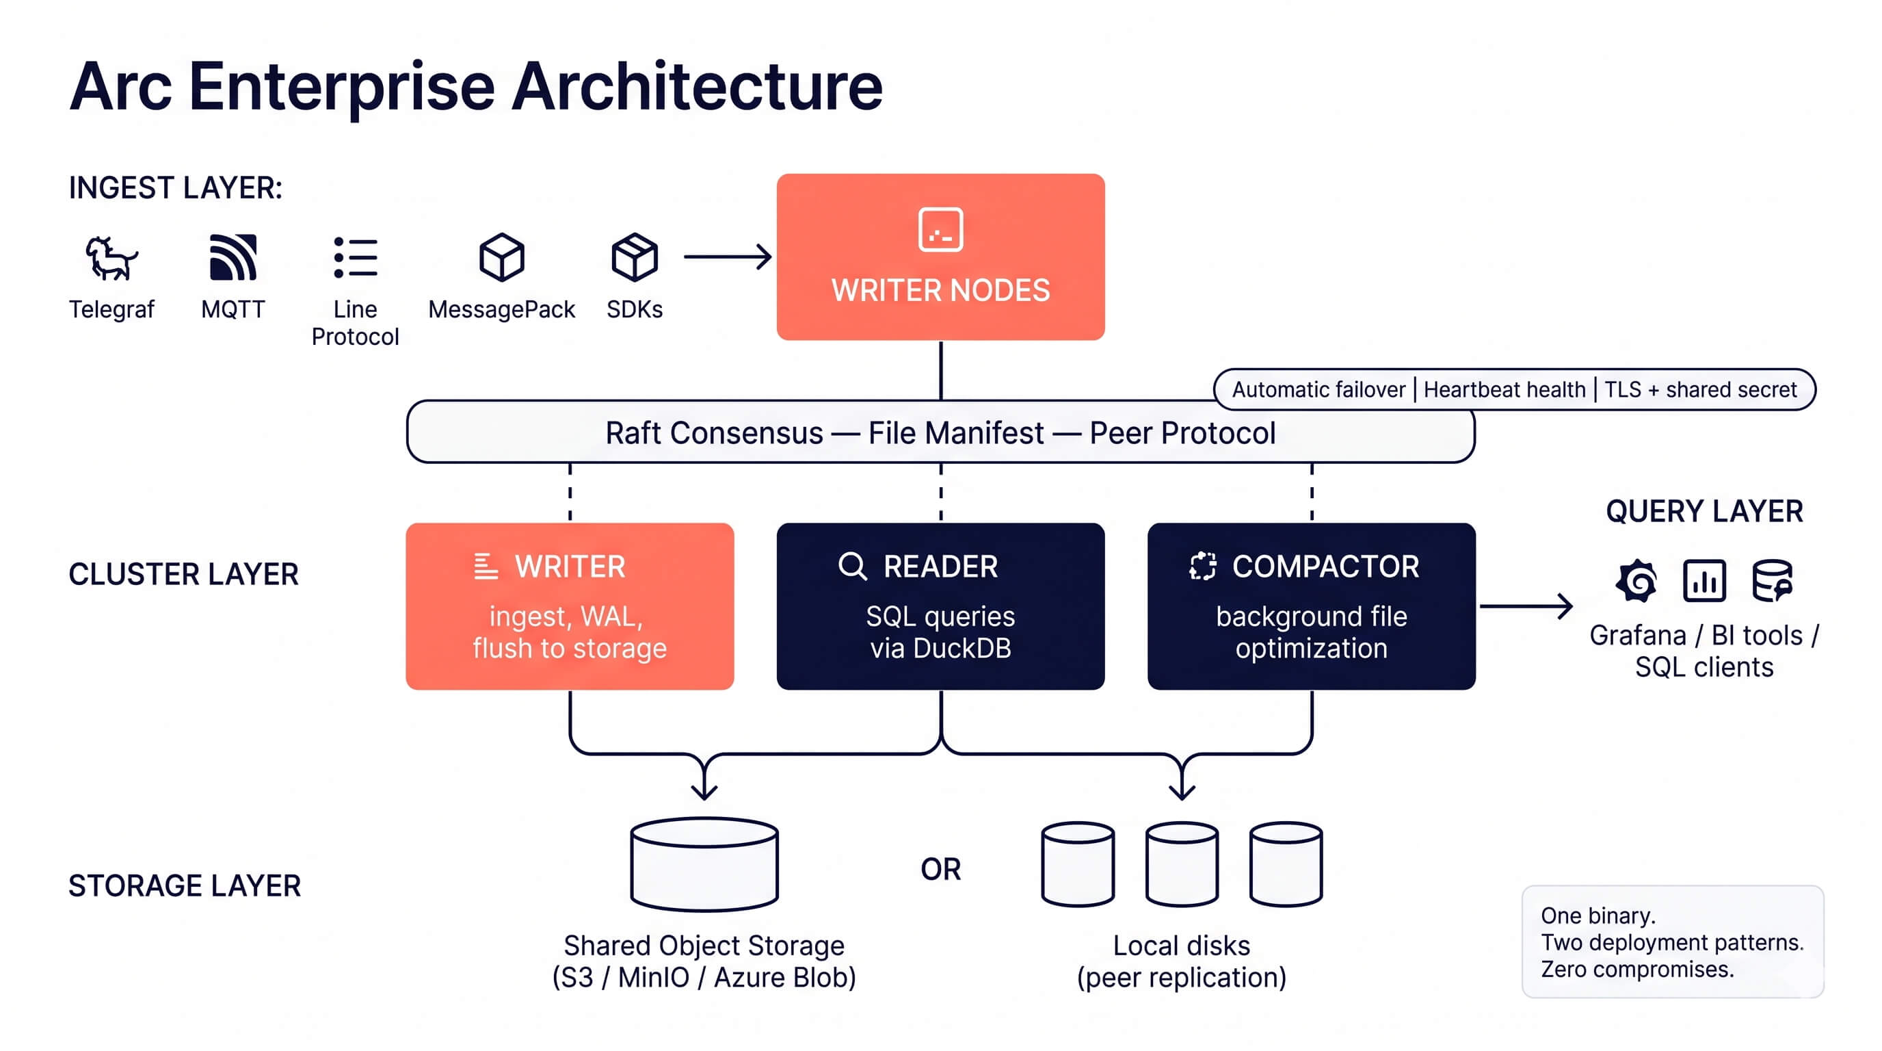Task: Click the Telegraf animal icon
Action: point(110,258)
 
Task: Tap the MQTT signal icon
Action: point(233,257)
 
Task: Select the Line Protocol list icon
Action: point(355,257)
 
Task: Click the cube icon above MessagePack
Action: point(501,257)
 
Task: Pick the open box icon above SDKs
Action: point(634,257)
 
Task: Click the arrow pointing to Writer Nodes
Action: point(728,257)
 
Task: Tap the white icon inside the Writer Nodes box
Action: point(940,229)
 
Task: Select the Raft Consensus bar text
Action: point(940,432)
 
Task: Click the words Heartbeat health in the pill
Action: point(1505,389)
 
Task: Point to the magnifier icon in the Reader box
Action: point(852,567)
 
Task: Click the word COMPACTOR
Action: point(1325,567)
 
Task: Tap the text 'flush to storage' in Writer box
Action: point(569,648)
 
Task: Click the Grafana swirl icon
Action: point(1636,582)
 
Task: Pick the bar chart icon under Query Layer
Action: point(1704,582)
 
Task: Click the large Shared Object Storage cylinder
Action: point(704,865)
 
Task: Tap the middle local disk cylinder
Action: point(1181,865)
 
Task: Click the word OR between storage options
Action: point(940,869)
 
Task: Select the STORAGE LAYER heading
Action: point(184,885)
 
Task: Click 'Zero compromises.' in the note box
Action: point(1637,969)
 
